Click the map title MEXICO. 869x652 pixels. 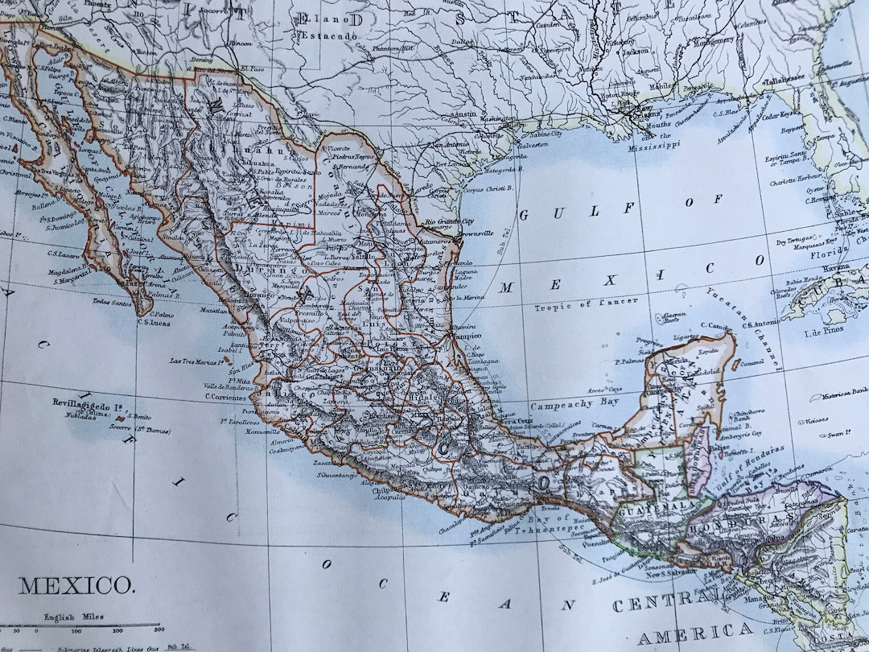tap(77, 584)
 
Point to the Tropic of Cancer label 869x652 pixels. tap(587, 303)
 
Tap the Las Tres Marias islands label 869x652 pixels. tap(196, 361)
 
